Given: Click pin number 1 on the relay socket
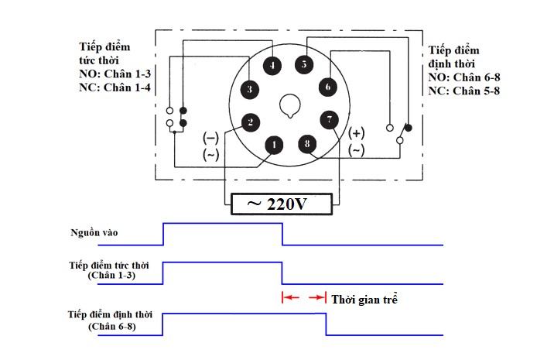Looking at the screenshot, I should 274,144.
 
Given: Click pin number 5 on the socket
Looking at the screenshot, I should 305,65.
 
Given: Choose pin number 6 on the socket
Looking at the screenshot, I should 328,87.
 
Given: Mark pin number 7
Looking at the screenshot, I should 330,120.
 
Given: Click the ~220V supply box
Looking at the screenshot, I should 283,204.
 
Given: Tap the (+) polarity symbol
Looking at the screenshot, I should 356,133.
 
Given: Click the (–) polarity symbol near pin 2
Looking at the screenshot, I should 210,139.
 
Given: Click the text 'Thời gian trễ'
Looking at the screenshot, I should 364,298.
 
